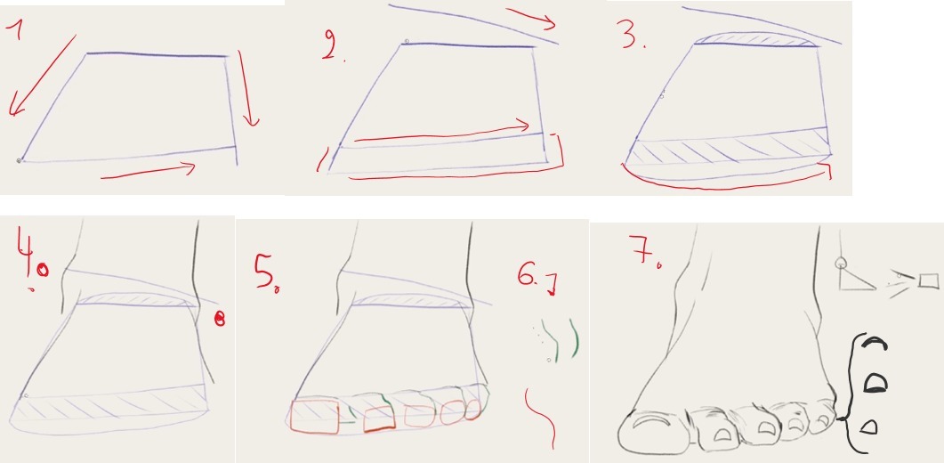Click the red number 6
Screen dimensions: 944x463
click(536, 281)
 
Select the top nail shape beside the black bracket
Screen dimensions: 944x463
click(874, 343)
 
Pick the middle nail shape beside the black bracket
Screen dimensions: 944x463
click(875, 383)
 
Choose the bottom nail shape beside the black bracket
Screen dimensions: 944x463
click(868, 427)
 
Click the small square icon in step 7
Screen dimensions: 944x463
click(929, 281)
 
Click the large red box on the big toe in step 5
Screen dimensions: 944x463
click(314, 416)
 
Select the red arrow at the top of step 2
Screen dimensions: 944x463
click(532, 17)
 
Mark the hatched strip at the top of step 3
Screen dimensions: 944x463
click(756, 39)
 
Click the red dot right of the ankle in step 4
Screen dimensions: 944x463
click(220, 319)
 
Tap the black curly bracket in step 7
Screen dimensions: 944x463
click(849, 393)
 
